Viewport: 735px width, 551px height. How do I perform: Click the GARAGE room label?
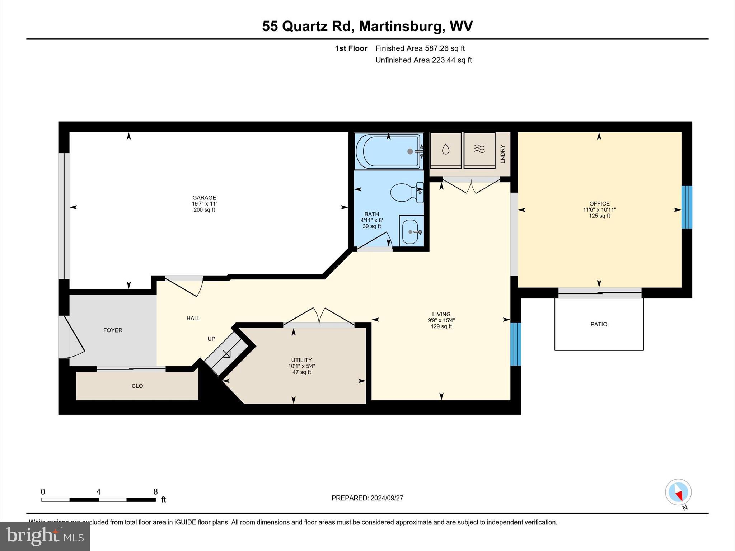pos(204,198)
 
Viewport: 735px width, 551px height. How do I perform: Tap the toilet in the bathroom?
pos(406,192)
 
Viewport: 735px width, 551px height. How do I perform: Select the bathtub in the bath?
pos(388,151)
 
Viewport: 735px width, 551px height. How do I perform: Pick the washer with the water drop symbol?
pos(445,150)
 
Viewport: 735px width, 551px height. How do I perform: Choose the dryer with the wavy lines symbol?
pos(479,150)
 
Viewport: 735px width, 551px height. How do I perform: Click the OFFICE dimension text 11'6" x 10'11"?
pos(599,210)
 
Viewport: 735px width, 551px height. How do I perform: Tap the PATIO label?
pos(599,324)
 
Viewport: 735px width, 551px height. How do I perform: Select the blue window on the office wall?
pos(687,207)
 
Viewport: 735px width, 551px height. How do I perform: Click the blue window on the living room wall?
pos(515,344)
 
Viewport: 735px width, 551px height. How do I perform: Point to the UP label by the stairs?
pos(211,339)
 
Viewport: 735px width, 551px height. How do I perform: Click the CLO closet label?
pos(137,386)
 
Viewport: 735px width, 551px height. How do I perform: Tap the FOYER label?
pos(113,330)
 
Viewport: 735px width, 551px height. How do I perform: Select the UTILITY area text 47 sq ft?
pos(301,372)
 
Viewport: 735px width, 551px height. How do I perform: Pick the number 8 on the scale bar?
pos(155,492)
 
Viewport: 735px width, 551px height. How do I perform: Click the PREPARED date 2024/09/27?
pos(387,498)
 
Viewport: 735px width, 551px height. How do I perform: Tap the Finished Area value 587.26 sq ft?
pos(445,48)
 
